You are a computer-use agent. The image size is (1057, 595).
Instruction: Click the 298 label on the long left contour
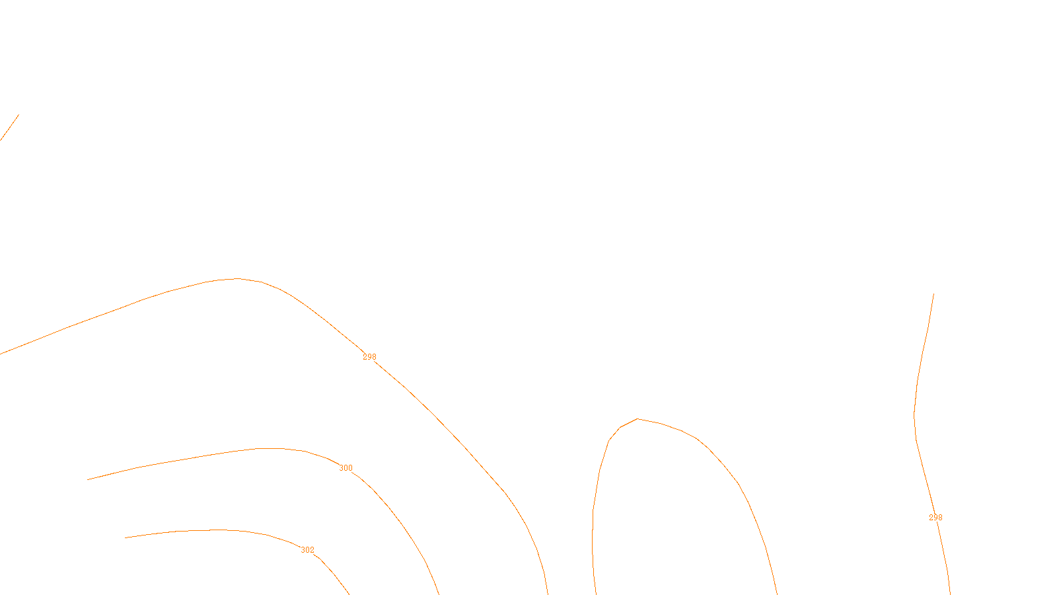click(369, 357)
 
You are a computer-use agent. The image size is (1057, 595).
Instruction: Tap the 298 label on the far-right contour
click(935, 518)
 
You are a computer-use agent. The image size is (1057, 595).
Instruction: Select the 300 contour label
click(346, 468)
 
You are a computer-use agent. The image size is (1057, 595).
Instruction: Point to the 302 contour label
click(307, 550)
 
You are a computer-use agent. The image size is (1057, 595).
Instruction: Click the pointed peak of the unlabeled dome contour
click(637, 418)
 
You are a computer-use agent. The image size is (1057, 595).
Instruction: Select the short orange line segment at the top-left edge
click(9, 128)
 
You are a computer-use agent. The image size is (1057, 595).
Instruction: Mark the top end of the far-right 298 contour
click(933, 294)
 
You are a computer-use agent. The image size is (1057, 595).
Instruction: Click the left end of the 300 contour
click(88, 479)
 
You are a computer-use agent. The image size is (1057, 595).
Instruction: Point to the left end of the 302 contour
click(126, 537)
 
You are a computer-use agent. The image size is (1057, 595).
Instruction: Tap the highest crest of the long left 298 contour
click(237, 278)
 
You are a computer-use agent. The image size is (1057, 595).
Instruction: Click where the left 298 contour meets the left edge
click(1, 353)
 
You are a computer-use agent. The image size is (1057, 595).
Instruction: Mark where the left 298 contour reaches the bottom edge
click(548, 593)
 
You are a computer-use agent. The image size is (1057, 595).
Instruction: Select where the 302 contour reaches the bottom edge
click(348, 593)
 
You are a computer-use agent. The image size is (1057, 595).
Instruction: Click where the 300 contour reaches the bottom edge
click(439, 593)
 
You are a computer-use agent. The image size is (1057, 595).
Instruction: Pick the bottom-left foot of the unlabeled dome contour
click(596, 593)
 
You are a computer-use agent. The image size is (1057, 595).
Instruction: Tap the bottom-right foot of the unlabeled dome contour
click(777, 593)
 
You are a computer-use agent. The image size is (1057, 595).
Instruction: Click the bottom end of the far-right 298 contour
click(950, 593)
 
